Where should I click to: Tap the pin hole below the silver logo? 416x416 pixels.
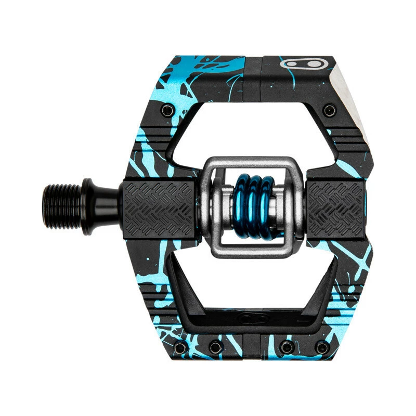(x=329, y=110)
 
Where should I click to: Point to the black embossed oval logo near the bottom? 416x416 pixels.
(x=253, y=319)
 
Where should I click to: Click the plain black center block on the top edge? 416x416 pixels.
(x=253, y=78)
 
